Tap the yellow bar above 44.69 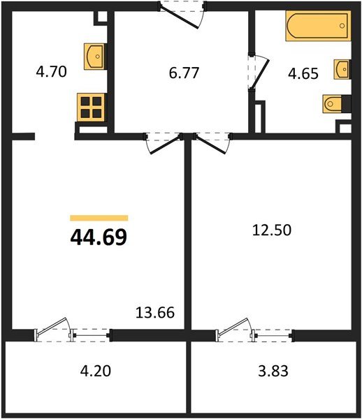99,218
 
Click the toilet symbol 335,103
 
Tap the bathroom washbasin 342,69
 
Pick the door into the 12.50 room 210,142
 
